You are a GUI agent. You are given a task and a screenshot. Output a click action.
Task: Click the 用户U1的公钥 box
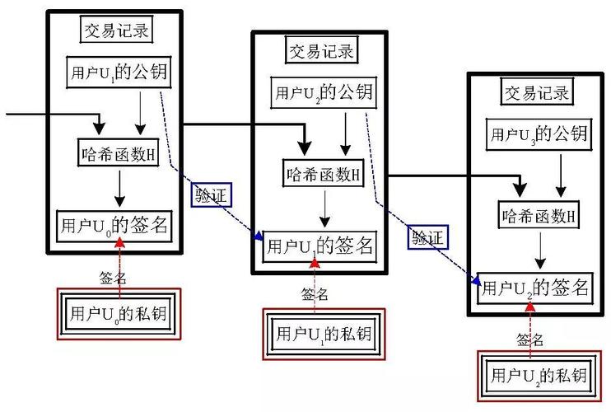(119, 72)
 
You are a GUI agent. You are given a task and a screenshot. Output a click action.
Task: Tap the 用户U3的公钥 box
(539, 132)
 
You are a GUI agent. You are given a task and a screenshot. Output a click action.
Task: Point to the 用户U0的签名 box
(114, 224)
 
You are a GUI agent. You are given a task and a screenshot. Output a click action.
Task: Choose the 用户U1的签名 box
(318, 245)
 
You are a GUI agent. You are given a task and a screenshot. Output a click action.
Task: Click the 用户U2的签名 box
(535, 286)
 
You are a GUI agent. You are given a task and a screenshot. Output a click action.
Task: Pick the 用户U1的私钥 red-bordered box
(323, 335)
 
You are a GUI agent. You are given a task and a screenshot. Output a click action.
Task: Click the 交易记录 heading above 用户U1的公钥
(119, 30)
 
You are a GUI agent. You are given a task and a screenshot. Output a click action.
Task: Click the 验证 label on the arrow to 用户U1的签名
(210, 194)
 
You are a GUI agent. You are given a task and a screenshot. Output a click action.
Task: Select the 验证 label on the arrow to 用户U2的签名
(427, 238)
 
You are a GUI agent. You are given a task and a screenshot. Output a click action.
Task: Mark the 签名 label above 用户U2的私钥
(530, 339)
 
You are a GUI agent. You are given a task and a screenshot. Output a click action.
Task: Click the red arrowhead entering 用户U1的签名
(315, 263)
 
